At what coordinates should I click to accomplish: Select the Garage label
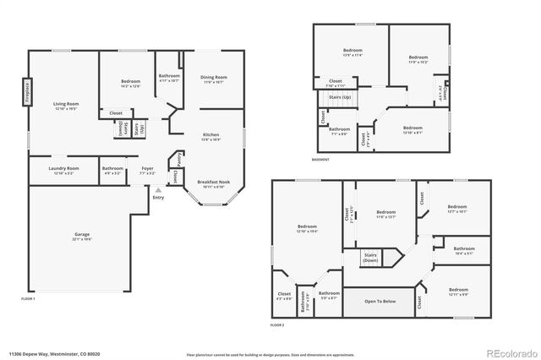81,237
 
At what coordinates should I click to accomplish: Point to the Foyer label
147,169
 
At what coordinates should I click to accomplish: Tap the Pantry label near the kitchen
178,160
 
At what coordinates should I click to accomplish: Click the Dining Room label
213,79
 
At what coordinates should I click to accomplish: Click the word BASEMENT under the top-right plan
320,160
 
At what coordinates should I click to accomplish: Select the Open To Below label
380,301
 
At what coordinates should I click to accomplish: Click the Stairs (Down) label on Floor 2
370,257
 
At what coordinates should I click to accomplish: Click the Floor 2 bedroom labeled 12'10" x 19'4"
306,227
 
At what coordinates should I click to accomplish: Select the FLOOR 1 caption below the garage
29,298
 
